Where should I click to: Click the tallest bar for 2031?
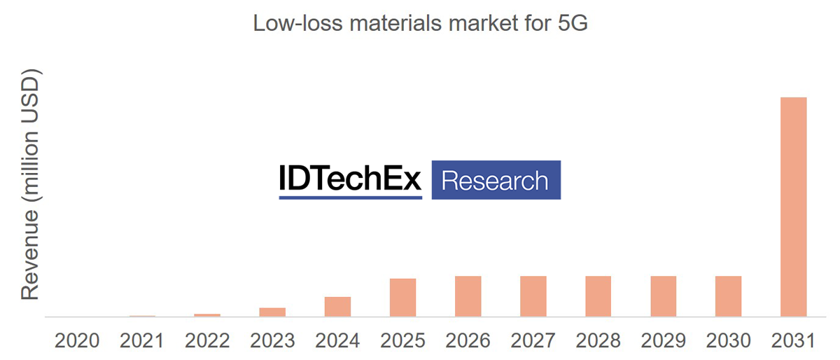click(x=793, y=207)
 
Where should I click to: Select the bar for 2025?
click(x=402, y=298)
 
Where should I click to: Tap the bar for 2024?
click(x=337, y=307)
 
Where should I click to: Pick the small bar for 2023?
click(x=272, y=312)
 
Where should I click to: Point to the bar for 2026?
click(x=468, y=296)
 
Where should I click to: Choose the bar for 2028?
click(x=598, y=296)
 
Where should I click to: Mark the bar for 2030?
click(x=728, y=296)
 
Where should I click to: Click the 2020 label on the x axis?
click(x=77, y=341)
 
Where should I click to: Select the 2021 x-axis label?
click(x=142, y=341)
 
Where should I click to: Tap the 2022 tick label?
click(x=207, y=341)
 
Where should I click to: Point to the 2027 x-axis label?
click(x=533, y=341)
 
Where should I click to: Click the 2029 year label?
click(x=663, y=341)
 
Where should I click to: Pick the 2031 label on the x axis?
click(x=793, y=341)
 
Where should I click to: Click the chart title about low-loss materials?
click(x=419, y=23)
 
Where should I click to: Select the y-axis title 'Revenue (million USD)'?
click(x=29, y=185)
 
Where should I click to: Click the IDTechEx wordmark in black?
click(x=350, y=179)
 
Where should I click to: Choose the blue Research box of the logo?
click(x=496, y=180)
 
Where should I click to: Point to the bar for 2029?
click(x=663, y=296)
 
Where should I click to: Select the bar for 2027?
click(x=533, y=296)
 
